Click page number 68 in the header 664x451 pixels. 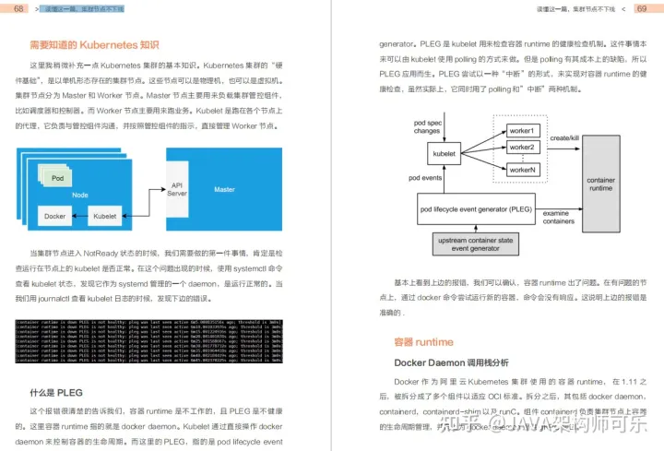point(19,8)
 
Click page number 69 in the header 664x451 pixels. point(642,8)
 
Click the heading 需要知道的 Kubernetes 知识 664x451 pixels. point(94,44)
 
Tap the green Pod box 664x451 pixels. point(58,177)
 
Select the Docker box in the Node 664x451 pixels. point(54,216)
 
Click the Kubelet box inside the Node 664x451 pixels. point(104,216)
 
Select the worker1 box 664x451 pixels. point(521,131)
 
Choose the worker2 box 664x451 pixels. point(521,147)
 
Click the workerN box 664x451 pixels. point(521,170)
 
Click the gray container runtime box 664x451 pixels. point(600,184)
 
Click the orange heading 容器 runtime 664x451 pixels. point(423,342)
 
